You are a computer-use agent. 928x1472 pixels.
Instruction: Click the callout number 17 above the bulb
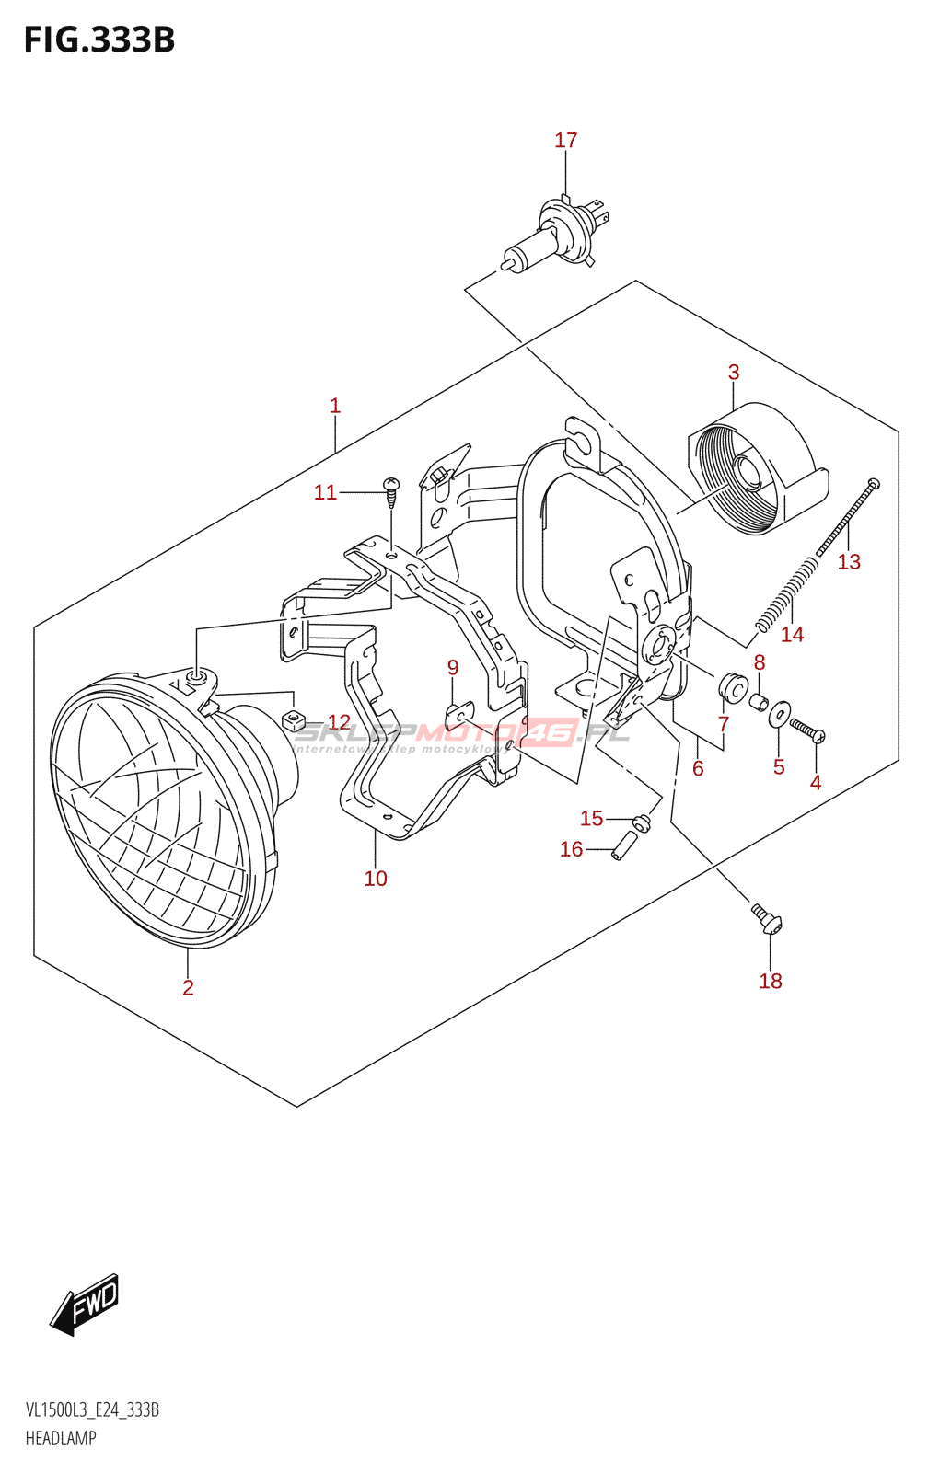pyautogui.click(x=565, y=141)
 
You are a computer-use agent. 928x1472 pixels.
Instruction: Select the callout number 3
pyautogui.click(x=734, y=373)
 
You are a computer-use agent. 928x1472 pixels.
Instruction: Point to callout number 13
pyautogui.click(x=849, y=562)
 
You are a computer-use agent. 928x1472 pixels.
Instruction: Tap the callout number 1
pyautogui.click(x=335, y=406)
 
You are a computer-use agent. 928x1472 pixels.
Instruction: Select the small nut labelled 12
pyautogui.click(x=292, y=719)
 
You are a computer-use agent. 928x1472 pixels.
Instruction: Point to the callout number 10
pyautogui.click(x=376, y=879)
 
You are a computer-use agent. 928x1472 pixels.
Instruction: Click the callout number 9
pyautogui.click(x=453, y=667)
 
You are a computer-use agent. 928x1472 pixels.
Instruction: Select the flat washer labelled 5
pyautogui.click(x=779, y=714)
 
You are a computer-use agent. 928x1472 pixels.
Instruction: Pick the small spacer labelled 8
pyautogui.click(x=758, y=702)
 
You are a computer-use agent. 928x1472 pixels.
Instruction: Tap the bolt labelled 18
pyautogui.click(x=766, y=918)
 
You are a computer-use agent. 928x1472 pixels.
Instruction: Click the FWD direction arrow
pyautogui.click(x=85, y=1304)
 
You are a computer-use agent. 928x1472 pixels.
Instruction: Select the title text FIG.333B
pyautogui.click(x=99, y=40)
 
